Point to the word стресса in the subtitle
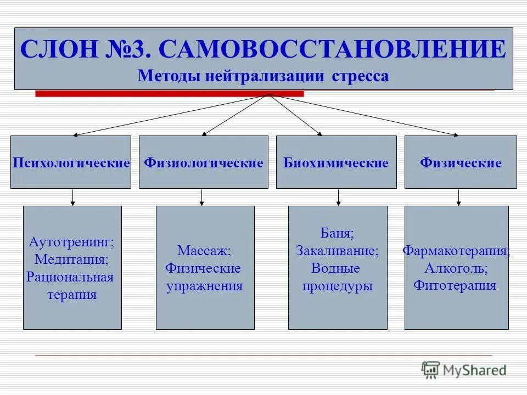click(360, 76)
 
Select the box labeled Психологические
click(71, 162)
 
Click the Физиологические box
click(203, 162)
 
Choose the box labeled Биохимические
click(336, 162)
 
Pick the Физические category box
click(461, 162)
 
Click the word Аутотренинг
click(71, 241)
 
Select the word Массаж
click(204, 251)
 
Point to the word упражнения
click(204, 286)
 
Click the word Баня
click(337, 233)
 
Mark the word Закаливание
click(337, 251)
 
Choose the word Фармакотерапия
click(456, 251)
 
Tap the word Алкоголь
click(456, 268)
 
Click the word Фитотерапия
click(455, 286)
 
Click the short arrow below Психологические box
click(72, 198)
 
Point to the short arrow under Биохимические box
click(338, 198)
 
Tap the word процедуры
click(337, 286)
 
